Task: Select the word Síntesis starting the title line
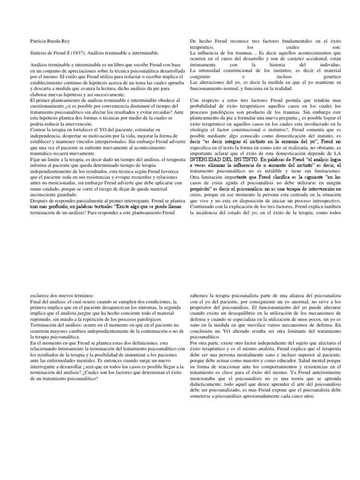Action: tap(39, 54)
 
